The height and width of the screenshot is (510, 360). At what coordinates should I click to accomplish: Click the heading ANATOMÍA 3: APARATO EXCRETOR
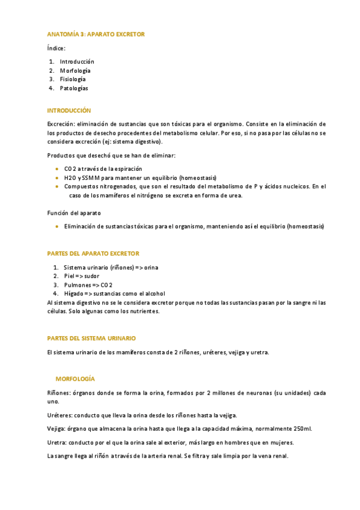96,34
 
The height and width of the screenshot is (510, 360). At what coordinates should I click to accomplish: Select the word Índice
56,48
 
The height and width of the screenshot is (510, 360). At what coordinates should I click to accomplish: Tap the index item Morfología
75,70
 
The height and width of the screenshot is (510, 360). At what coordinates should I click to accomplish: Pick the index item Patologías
74,88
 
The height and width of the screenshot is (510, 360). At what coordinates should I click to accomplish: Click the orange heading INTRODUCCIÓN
69,111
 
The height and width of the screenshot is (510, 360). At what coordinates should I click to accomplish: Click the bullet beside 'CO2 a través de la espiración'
56,169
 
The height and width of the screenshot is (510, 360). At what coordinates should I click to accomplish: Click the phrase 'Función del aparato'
74,213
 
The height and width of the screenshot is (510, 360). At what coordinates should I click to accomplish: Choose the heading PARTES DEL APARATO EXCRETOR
93,254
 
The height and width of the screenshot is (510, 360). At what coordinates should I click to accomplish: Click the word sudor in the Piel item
91,276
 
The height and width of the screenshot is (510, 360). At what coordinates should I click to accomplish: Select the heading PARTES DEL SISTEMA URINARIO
91,339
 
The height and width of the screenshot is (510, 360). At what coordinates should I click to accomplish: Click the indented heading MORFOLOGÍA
75,379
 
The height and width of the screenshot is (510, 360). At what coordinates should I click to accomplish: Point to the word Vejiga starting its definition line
56,429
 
